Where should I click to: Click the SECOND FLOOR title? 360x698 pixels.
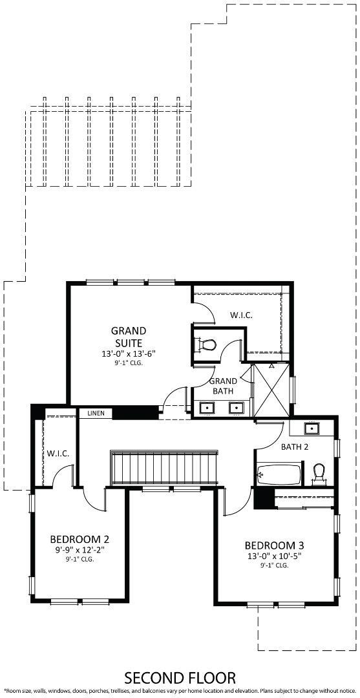[x=180, y=677]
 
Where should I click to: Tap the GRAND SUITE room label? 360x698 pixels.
[x=128, y=337]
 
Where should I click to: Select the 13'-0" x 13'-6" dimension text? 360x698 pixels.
[x=128, y=354]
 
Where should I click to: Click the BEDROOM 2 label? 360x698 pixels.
[x=79, y=538]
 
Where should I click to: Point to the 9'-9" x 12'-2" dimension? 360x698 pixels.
[x=79, y=550]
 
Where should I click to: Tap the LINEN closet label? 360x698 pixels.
[x=95, y=413]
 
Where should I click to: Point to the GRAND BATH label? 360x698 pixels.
[x=224, y=386]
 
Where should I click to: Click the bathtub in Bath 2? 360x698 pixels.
[x=279, y=475]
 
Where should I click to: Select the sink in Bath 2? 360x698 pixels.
[x=312, y=428]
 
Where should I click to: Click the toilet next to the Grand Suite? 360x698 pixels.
[x=206, y=345]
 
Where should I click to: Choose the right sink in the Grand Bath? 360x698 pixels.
[x=237, y=408]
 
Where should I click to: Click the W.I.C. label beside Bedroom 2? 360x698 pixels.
[x=58, y=453]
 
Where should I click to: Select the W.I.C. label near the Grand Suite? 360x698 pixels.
[x=240, y=315]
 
